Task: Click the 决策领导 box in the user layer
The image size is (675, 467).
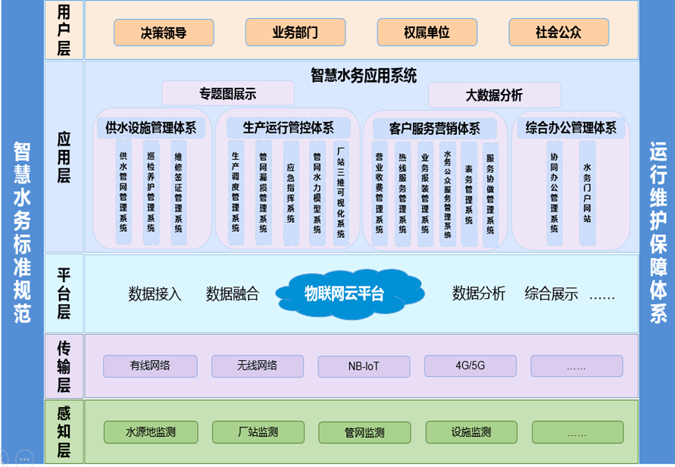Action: (163, 33)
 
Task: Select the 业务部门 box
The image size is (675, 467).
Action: (295, 33)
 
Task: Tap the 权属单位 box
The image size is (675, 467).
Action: (427, 33)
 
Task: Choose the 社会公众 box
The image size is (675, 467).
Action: (558, 33)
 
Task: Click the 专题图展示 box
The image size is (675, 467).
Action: (227, 94)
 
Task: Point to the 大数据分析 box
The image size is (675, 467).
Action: (494, 96)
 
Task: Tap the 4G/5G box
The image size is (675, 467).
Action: (470, 365)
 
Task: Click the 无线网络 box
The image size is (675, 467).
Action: (257, 365)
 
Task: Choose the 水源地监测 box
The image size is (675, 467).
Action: (150, 432)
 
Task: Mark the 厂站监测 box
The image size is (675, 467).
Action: (257, 432)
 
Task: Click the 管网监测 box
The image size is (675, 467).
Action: (364, 433)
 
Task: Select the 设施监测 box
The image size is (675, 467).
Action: (470, 432)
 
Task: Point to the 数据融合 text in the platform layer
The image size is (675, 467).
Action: (233, 293)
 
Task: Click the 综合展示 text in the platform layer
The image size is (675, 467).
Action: (552, 293)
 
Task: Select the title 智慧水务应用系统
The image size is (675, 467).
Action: (364, 75)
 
